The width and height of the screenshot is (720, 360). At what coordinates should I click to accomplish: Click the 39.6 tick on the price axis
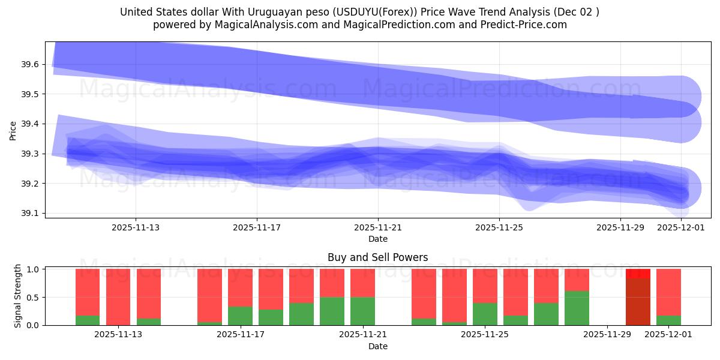pos(30,64)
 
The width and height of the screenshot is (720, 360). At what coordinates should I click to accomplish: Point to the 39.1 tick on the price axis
pos(30,213)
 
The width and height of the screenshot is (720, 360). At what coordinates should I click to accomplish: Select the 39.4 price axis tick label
pos(30,124)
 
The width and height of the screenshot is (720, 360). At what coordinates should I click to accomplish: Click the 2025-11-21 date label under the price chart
pos(378,228)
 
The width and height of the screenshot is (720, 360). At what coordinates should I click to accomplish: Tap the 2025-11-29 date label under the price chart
pos(620,228)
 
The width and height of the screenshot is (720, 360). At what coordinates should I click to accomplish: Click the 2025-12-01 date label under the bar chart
pos(668,335)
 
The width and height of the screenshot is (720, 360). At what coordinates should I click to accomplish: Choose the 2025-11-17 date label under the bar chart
pos(240,335)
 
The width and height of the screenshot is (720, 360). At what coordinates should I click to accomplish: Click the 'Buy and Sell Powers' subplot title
pos(378,257)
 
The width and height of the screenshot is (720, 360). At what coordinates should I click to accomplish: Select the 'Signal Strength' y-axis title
pos(18,296)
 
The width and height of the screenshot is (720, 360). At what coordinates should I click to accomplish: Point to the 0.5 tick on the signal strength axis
pos(33,297)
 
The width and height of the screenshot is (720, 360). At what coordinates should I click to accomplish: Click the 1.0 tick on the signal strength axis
pos(33,269)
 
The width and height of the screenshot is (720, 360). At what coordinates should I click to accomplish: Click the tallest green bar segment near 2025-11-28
pos(577,308)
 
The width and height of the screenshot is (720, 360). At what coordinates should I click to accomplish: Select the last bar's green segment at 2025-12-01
pos(668,320)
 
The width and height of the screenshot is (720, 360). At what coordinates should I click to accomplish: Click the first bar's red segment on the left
pos(88,292)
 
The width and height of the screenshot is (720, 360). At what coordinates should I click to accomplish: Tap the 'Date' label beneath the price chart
pos(378,239)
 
